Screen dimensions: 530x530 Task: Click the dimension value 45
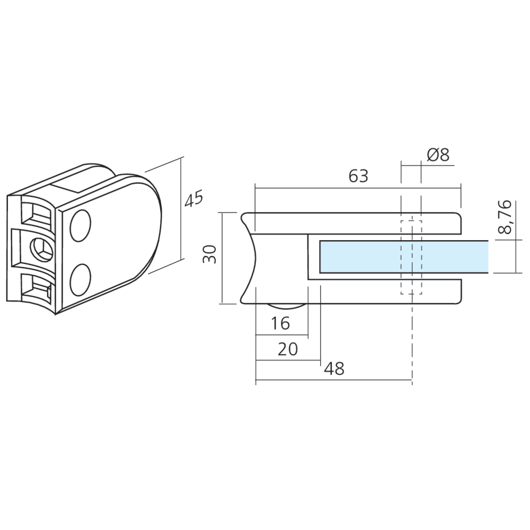pyautogui.click(x=193, y=198)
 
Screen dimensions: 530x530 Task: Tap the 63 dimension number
pyautogui.click(x=358, y=176)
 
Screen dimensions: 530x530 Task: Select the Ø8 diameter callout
pyautogui.click(x=438, y=155)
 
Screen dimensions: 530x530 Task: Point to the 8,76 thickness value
pyautogui.click(x=505, y=217)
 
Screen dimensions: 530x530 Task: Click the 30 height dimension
pyautogui.click(x=209, y=254)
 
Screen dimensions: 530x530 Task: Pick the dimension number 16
pyautogui.click(x=280, y=323)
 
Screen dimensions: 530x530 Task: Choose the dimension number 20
pyautogui.click(x=288, y=349)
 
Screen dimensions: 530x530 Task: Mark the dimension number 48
pyautogui.click(x=334, y=368)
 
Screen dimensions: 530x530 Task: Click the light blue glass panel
pyautogui.click(x=404, y=257)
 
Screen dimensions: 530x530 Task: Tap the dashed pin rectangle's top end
pyautogui.click(x=411, y=220)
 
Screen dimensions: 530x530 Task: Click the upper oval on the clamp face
pyautogui.click(x=81, y=225)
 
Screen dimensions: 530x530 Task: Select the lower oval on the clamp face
pyautogui.click(x=81, y=279)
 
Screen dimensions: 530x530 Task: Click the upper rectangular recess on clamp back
pyautogui.click(x=37, y=214)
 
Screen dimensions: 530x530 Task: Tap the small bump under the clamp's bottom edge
pyautogui.click(x=286, y=306)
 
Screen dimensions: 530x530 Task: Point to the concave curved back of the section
pyautogui.click(x=249, y=258)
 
